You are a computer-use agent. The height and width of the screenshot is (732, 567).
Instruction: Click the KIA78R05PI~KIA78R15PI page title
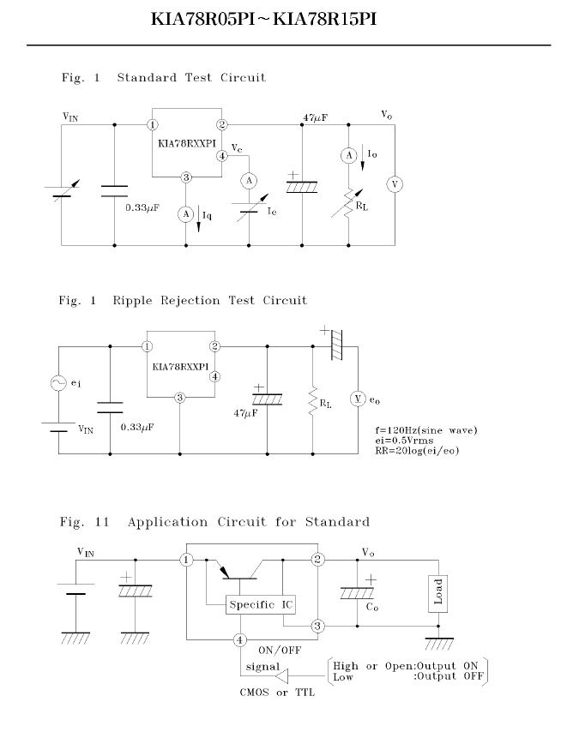point(264,19)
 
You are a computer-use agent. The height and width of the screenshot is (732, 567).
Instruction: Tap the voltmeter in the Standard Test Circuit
point(395,184)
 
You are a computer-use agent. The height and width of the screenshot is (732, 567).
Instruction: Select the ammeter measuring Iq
point(186,214)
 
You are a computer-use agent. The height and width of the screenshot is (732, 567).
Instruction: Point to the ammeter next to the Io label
point(348,155)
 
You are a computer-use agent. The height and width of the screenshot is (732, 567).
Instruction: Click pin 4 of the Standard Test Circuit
point(222,156)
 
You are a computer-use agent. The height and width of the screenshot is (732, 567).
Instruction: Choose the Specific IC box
point(261,605)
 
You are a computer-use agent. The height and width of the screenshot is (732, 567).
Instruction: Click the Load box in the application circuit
point(438,593)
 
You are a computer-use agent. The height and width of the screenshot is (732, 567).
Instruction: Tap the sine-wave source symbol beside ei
point(58,383)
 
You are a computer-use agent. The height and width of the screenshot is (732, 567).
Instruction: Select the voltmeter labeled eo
point(358,399)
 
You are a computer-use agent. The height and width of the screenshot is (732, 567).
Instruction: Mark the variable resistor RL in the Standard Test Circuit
point(348,204)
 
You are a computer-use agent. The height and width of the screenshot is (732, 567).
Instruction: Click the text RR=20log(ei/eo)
point(417,451)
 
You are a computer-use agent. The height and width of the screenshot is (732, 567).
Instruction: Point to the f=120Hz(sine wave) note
point(426,430)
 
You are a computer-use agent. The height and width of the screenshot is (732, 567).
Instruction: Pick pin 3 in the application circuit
point(317,626)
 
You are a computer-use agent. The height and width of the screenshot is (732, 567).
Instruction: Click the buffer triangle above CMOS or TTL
point(282,675)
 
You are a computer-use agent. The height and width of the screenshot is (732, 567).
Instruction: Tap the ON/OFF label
point(280,651)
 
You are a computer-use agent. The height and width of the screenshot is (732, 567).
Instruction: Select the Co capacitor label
point(372,608)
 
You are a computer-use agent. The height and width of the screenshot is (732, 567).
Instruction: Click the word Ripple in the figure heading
point(133,301)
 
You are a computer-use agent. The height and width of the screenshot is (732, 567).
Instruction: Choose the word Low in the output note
point(343,677)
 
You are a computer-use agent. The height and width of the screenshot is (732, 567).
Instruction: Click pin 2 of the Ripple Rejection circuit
point(214,346)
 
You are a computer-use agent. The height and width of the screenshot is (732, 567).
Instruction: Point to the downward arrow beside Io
point(363,160)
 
